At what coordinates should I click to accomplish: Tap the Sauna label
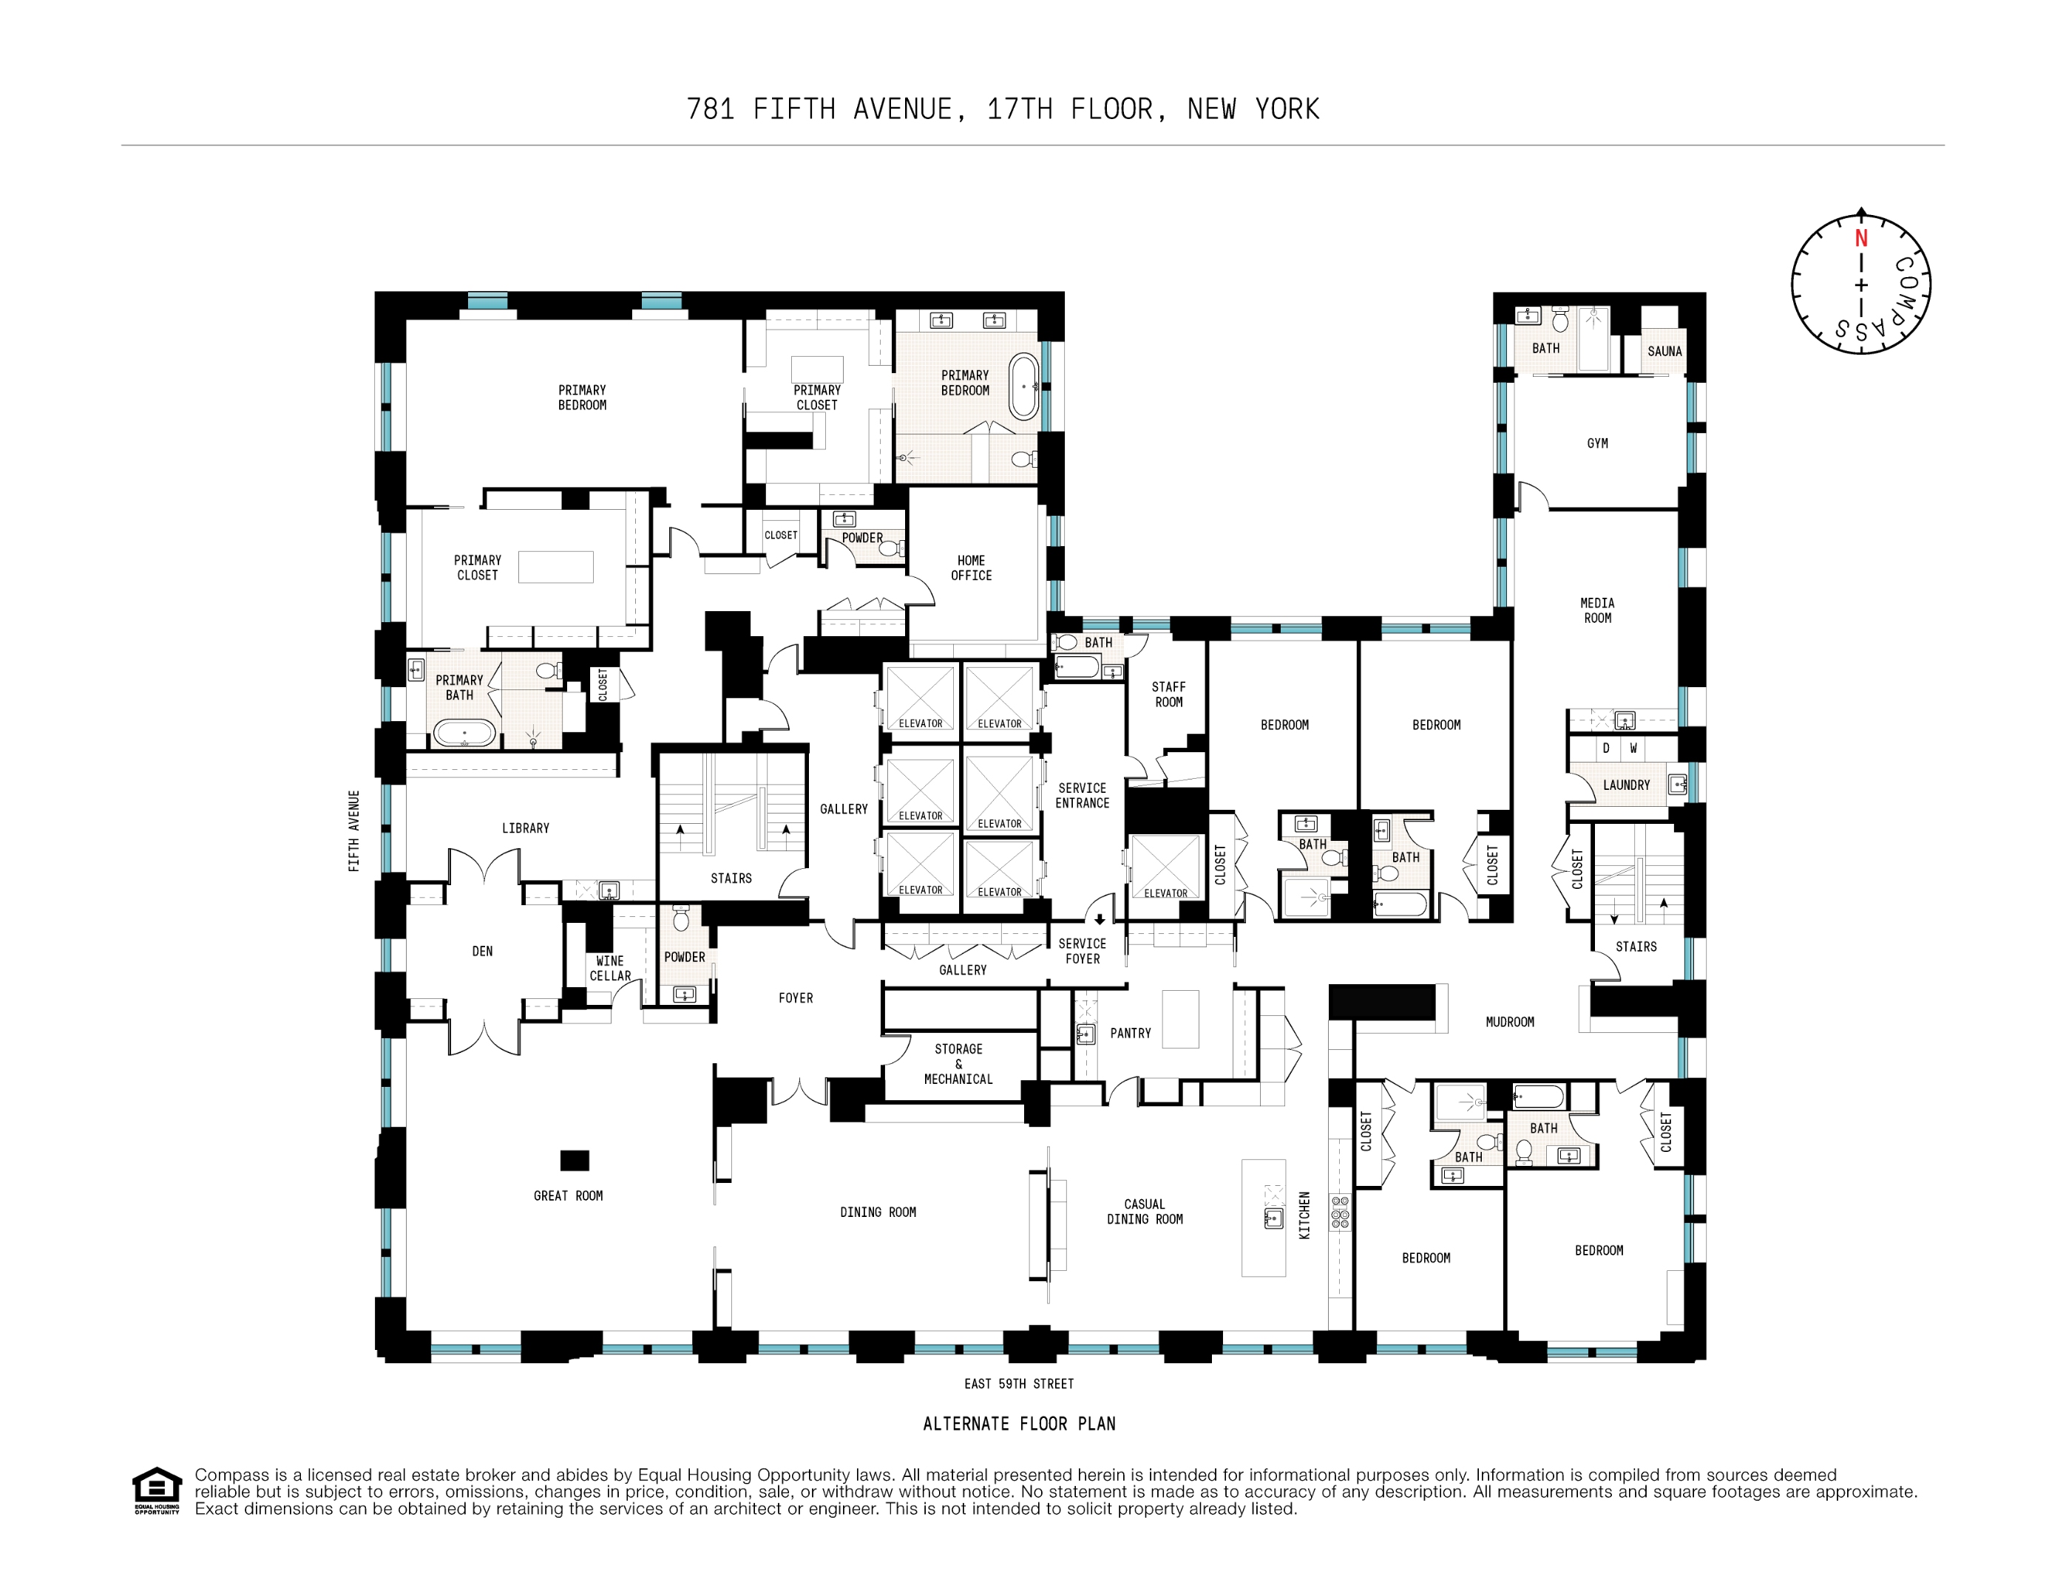pyautogui.click(x=1665, y=352)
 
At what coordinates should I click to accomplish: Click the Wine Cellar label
pyautogui.click(x=610, y=968)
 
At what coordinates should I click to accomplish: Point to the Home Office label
pyautogui.click(x=971, y=568)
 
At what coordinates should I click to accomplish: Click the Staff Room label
pyautogui.click(x=1168, y=695)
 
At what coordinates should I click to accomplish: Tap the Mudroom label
pyautogui.click(x=1510, y=1022)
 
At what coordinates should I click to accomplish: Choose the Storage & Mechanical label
pyautogui.click(x=958, y=1065)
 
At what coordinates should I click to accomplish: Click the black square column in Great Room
pyautogui.click(x=575, y=1160)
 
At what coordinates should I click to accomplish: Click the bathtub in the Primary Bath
pyautogui.click(x=464, y=734)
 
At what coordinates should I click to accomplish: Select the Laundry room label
pyautogui.click(x=1626, y=785)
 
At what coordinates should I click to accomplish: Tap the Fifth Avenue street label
pyautogui.click(x=353, y=831)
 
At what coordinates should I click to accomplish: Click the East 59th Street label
pyautogui.click(x=1019, y=1384)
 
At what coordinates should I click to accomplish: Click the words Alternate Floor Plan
pyautogui.click(x=1019, y=1424)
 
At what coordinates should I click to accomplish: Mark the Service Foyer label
pyautogui.click(x=1083, y=951)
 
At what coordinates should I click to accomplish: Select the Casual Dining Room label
pyautogui.click(x=1145, y=1212)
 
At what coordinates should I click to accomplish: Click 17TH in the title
pyautogui.click(x=1020, y=109)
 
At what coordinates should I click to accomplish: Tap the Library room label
pyautogui.click(x=525, y=828)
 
